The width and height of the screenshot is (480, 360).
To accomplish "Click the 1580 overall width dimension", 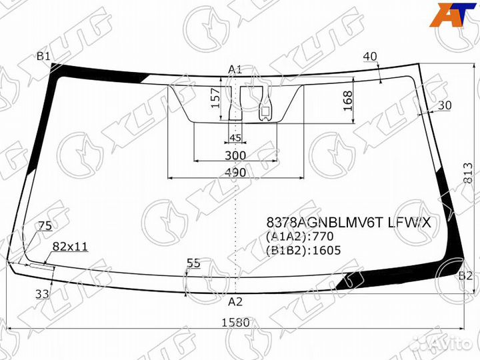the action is [x=236, y=323].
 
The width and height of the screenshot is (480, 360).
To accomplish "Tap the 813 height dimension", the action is [x=469, y=173].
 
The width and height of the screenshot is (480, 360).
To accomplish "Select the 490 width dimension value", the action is [x=235, y=173].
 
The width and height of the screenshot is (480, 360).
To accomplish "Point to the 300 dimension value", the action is [x=235, y=155].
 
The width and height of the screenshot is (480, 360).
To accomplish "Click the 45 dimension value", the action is [x=235, y=138].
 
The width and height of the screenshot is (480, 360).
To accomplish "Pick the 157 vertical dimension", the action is [x=216, y=98].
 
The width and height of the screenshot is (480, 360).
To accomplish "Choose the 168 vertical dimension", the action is [x=348, y=101].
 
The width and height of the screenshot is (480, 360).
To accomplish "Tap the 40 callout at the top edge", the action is [x=370, y=57].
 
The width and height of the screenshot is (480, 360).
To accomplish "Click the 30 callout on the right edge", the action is [x=445, y=105].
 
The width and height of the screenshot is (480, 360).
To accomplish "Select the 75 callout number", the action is [x=45, y=226].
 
